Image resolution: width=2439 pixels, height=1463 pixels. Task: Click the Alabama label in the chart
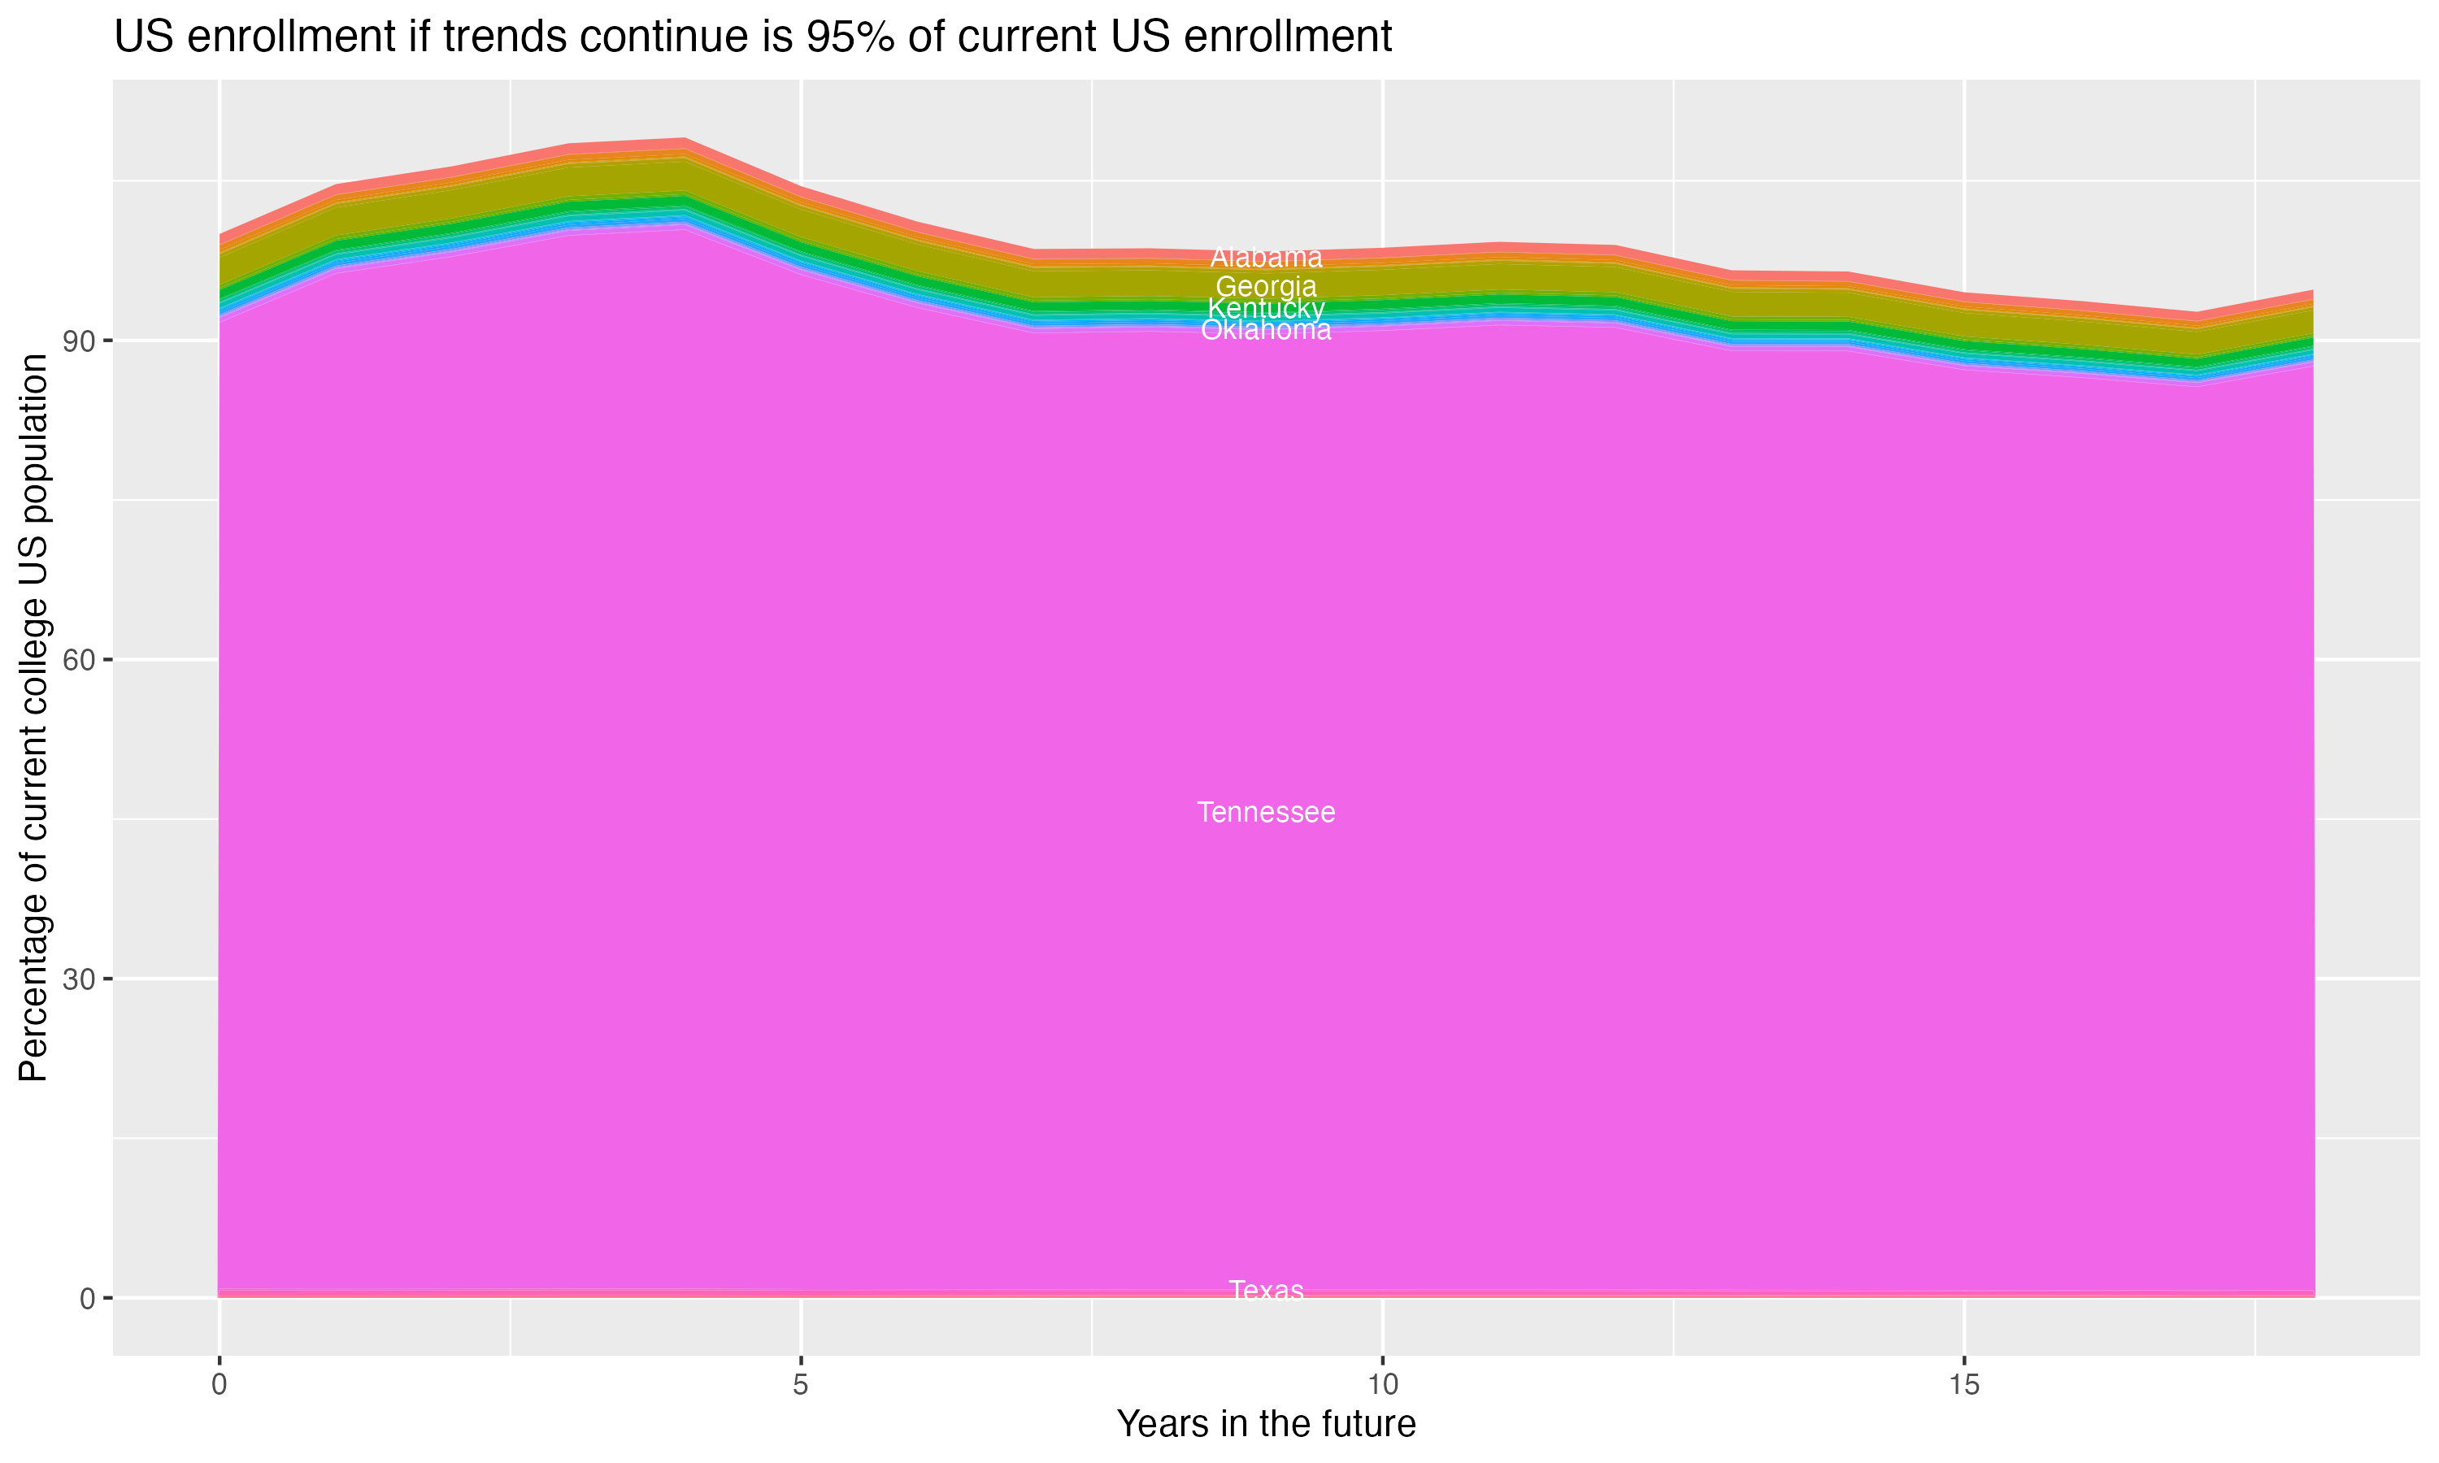pos(1266,258)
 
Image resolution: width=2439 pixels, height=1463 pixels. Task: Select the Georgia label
pos(1266,287)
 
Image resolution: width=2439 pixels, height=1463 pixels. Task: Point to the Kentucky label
pos(1266,309)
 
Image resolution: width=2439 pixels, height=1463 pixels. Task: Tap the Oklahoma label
pos(1266,330)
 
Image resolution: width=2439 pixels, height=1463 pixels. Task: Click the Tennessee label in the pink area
pos(1266,812)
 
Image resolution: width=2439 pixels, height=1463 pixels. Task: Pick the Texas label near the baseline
pos(1266,1291)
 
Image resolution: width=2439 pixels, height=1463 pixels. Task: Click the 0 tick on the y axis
pos(88,1298)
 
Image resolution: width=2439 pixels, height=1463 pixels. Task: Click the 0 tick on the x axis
pos(219,1385)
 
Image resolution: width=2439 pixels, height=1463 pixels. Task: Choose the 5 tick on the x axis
pos(801,1385)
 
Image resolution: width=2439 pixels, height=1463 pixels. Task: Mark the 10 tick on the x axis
pos(1382,1385)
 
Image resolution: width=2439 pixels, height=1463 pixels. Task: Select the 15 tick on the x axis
pos(1964,1385)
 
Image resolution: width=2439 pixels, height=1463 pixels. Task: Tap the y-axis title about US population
pos(33,718)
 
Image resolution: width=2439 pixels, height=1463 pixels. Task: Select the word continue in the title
pos(672,37)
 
